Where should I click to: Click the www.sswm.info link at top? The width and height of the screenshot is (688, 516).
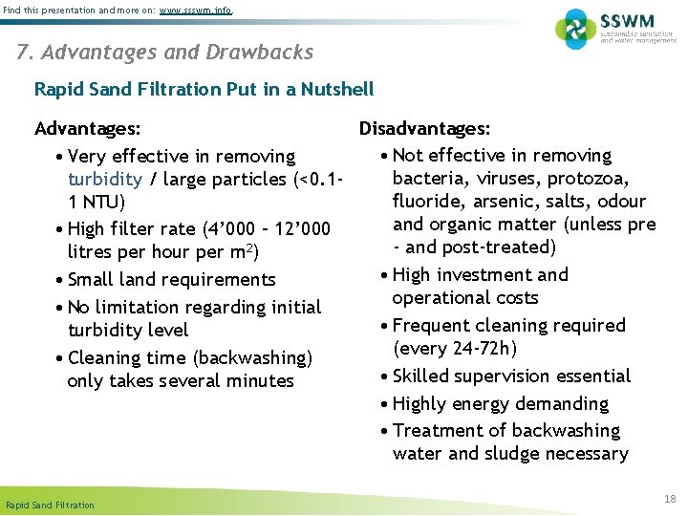[x=195, y=10]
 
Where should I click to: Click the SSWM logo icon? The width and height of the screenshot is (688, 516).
[x=575, y=29]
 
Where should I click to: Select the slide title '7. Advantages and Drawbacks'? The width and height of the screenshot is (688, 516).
[x=164, y=52]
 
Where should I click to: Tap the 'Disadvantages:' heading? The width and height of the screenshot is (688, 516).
[x=425, y=129]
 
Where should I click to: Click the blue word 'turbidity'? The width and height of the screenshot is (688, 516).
[x=105, y=180]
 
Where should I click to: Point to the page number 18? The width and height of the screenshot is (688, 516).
[x=669, y=498]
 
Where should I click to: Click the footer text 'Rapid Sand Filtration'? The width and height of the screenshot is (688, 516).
[x=50, y=505]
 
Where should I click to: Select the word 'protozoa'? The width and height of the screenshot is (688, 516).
[x=594, y=179]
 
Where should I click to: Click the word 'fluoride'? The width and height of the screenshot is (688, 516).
[x=424, y=202]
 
